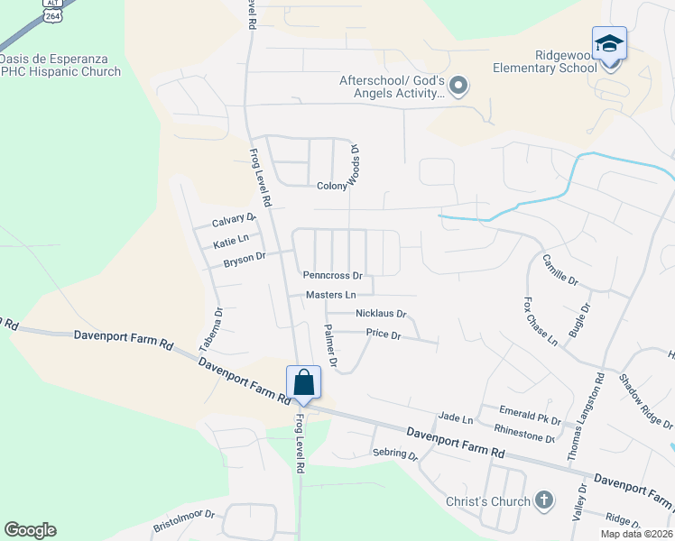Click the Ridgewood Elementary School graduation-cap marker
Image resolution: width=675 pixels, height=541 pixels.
(609, 43)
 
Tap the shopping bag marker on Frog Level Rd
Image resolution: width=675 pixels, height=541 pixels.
(304, 381)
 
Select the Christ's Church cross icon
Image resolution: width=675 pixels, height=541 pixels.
(543, 500)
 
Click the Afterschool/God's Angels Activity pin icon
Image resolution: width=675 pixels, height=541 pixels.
(458, 87)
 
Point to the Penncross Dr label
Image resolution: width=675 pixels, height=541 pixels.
(333, 275)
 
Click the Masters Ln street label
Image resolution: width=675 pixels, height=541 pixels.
(330, 295)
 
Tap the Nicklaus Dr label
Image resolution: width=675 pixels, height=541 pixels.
(381, 314)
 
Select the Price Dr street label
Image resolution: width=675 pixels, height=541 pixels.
(383, 334)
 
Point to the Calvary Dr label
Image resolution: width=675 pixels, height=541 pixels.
(234, 221)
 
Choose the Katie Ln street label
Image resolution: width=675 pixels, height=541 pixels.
(230, 243)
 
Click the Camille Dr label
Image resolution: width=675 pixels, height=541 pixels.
(559, 269)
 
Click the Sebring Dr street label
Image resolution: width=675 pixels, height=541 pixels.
(395, 455)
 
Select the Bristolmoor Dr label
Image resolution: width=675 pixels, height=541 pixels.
(183, 515)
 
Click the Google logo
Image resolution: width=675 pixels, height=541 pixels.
(30, 530)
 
